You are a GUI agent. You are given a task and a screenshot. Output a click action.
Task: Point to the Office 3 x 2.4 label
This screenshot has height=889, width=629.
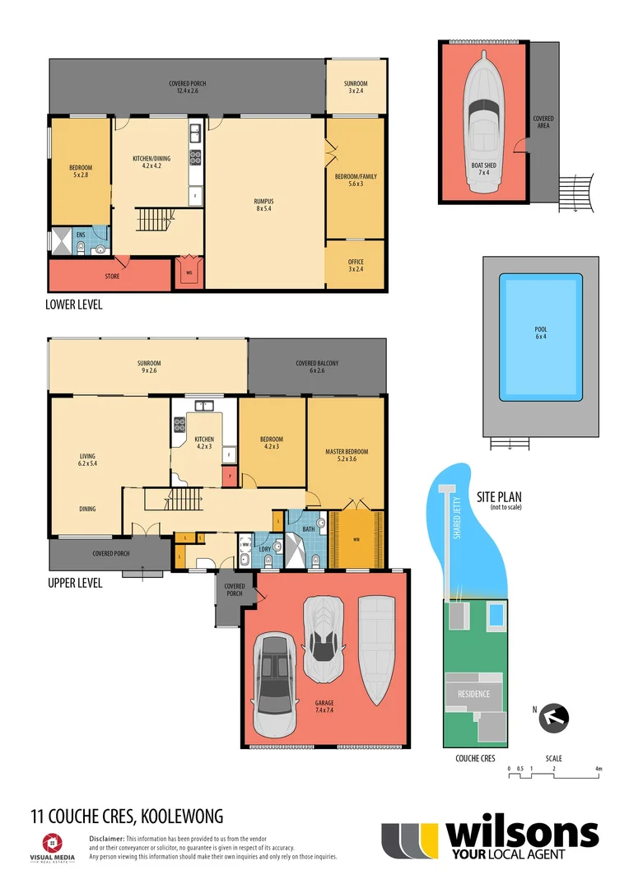click(x=356, y=265)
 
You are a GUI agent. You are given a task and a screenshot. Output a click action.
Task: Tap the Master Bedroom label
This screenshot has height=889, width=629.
click(x=346, y=455)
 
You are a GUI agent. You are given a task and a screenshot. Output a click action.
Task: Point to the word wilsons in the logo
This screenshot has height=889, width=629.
click(x=521, y=834)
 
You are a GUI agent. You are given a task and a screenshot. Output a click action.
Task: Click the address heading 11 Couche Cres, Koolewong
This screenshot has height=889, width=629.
click(x=126, y=817)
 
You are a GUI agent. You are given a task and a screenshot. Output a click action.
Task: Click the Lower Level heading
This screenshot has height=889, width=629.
click(x=74, y=304)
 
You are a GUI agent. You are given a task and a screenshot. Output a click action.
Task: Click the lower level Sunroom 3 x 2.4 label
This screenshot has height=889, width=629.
click(x=356, y=87)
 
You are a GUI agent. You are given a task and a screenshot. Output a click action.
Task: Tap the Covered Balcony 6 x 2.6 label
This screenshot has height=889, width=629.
click(x=317, y=367)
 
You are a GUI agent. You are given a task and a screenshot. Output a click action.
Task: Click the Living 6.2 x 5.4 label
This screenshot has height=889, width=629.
click(x=88, y=458)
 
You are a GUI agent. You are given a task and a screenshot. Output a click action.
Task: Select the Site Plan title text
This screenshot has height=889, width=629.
click(x=499, y=497)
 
